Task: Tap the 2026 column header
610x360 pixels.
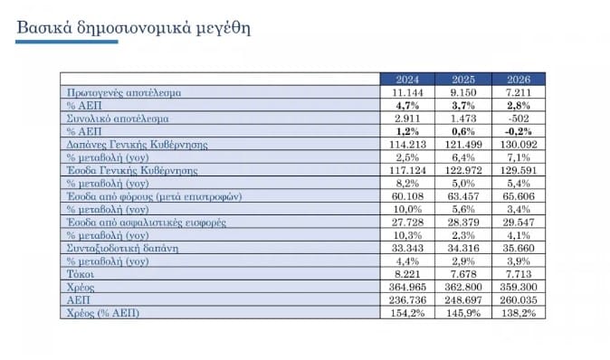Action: (518, 80)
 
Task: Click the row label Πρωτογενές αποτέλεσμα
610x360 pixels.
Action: (124, 92)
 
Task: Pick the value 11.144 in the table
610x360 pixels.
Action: (408, 92)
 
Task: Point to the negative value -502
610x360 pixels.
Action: (517, 118)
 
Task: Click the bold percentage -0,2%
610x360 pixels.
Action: (517, 131)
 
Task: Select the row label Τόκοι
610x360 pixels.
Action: (81, 272)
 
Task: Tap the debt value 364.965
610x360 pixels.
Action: (407, 285)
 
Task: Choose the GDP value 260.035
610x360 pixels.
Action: (517, 298)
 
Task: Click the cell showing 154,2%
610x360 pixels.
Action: (407, 311)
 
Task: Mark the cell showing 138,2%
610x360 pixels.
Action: (517, 311)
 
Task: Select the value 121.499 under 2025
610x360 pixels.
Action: (462, 144)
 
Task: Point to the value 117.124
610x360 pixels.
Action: (407, 170)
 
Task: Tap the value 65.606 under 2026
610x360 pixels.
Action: (517, 195)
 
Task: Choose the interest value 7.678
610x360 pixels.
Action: (462, 272)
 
